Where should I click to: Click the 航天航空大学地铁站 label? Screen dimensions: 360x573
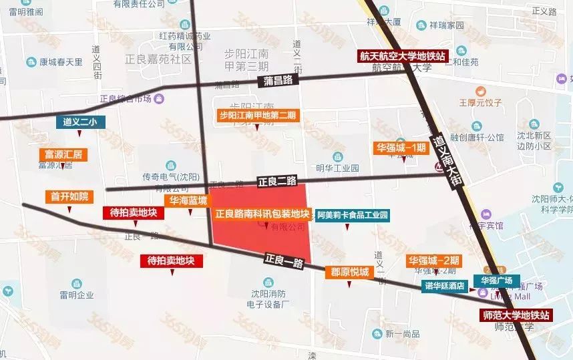coord(403,55)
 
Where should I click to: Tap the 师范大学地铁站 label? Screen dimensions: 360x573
coord(516,315)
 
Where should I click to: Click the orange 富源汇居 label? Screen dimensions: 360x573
coord(63,154)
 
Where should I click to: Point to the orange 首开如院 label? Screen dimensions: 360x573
coord(69,196)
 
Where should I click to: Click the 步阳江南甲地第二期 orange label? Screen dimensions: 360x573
coord(257,115)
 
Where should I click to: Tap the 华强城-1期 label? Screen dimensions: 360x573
coord(399,147)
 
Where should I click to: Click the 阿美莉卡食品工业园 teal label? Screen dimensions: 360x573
coord(352,215)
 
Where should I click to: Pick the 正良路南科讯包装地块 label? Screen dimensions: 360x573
coord(262,214)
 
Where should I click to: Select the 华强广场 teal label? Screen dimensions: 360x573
coord(492,281)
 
